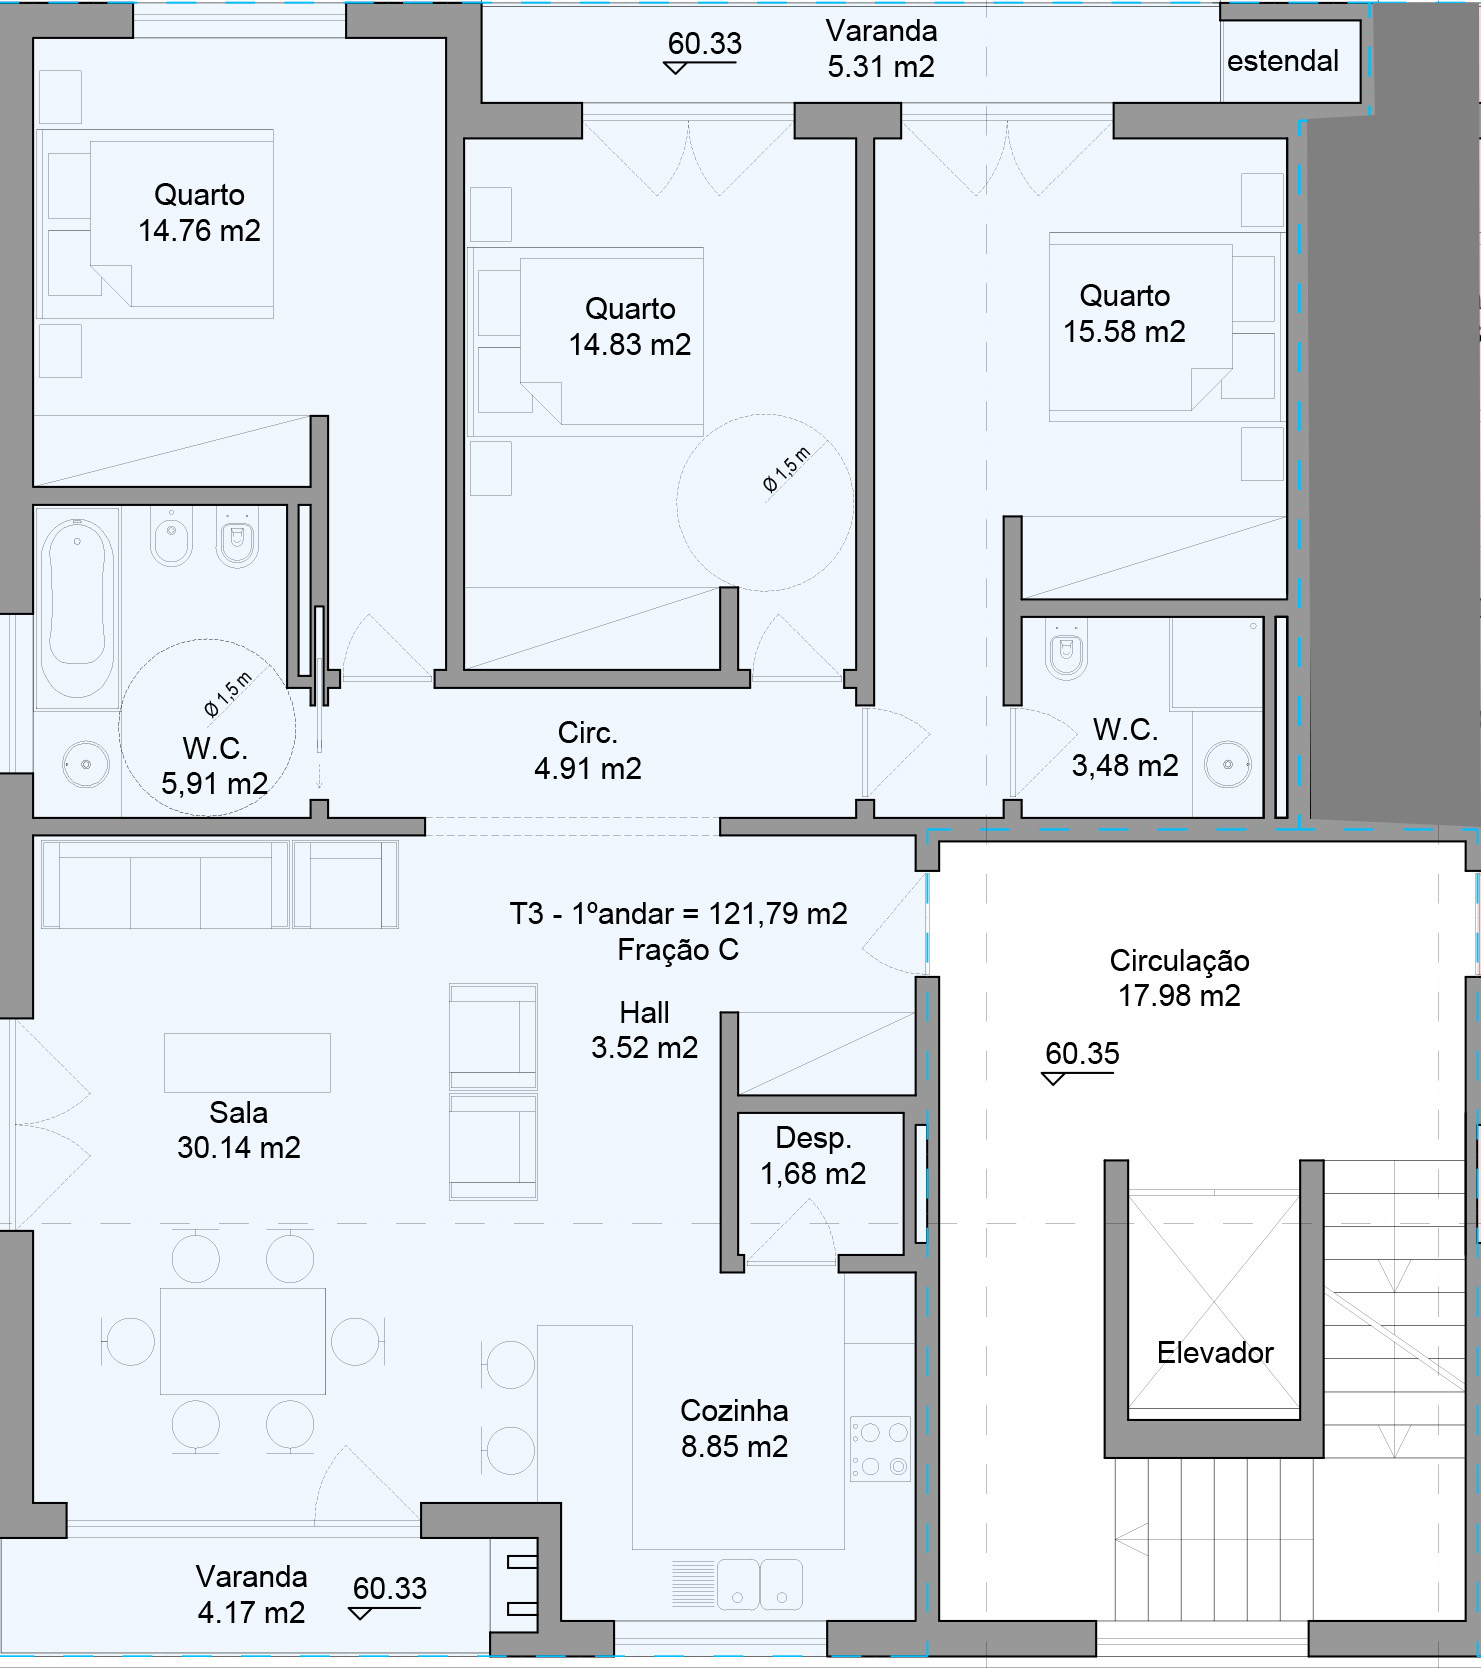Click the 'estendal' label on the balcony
[1282, 62]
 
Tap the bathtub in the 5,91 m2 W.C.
[76, 604]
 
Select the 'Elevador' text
[1215, 1353]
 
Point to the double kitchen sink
[759, 1583]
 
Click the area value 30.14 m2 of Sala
[239, 1148]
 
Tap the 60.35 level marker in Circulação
[1082, 1055]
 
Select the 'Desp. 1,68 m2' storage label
[813, 1156]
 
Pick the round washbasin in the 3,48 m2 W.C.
[1228, 765]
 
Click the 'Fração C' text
[678, 950]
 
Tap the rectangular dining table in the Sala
[243, 1341]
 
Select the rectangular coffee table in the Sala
[247, 1062]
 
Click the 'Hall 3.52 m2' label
[644, 1030]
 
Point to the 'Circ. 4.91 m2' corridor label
[588, 751]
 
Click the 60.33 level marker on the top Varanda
[704, 45]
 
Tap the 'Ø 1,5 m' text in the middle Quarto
[787, 470]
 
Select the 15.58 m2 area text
[1124, 332]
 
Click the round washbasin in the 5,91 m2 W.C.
[84, 765]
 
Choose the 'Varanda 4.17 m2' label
[251, 1594]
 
